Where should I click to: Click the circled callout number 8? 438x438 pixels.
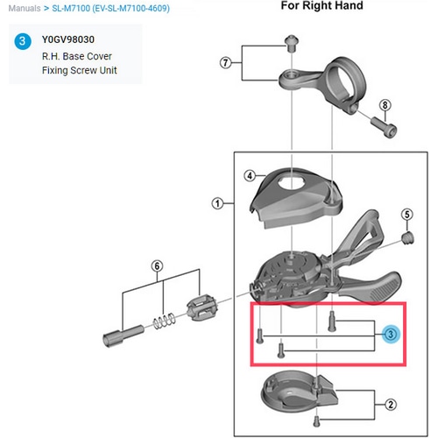point(385,108)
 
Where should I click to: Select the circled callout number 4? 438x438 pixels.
point(250,175)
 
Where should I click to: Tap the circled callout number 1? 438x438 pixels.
point(215,205)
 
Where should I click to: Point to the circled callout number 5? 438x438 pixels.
point(406,215)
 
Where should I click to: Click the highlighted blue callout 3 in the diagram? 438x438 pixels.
point(390,334)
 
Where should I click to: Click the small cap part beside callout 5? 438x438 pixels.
point(406,237)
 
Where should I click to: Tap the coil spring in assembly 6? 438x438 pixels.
point(162,321)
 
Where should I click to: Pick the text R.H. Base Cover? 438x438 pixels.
point(78,56)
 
